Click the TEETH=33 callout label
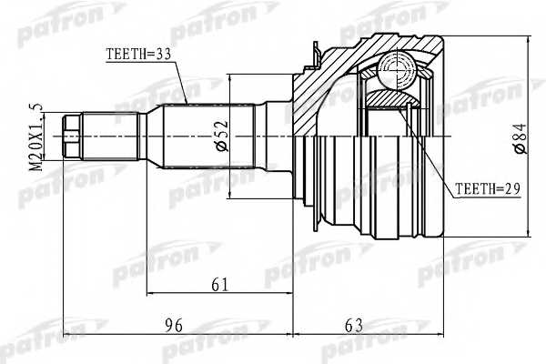click(138, 54)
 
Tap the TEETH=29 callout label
click(488, 188)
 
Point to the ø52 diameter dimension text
click(222, 136)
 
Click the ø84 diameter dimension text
click(521, 138)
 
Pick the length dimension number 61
click(220, 285)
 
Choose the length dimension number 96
click(174, 326)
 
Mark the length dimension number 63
click(354, 326)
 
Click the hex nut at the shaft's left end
click(72, 136)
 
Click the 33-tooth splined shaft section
click(209, 136)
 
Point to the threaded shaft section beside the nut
click(110, 136)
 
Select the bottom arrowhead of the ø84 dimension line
click(529, 232)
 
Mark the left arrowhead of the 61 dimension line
click(151, 294)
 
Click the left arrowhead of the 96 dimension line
click(67, 335)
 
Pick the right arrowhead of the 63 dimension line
click(440, 335)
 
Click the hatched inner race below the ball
click(392, 98)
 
